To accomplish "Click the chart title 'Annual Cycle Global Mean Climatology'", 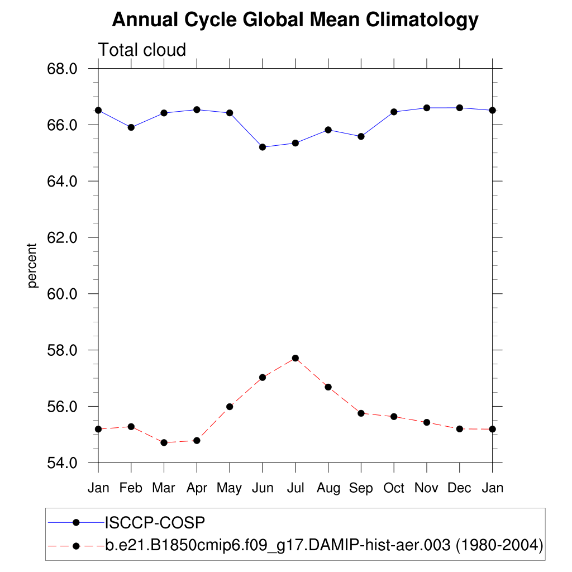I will pyautogui.click(x=295, y=20).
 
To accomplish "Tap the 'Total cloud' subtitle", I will pyautogui.click(x=142, y=50).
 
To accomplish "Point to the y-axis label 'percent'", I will pyautogui.click(x=33, y=265).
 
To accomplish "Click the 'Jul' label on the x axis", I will pyautogui.click(x=295, y=488).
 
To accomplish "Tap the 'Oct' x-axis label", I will pyautogui.click(x=394, y=488).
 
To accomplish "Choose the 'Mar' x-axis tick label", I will pyautogui.click(x=164, y=488).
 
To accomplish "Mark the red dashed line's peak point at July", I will pyautogui.click(x=295, y=358).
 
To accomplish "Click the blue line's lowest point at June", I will pyautogui.click(x=263, y=147).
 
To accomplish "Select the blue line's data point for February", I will pyautogui.click(x=131, y=127).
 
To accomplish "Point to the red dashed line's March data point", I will pyautogui.click(x=164, y=442).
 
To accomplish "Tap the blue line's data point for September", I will pyautogui.click(x=361, y=136).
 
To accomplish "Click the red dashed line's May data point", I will pyautogui.click(x=230, y=407).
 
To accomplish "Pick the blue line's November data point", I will pyautogui.click(x=427, y=108).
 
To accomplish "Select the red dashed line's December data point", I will pyautogui.click(x=460, y=429).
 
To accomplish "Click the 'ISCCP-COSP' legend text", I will pyautogui.click(x=155, y=523).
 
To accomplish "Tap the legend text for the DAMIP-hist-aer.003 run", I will pyautogui.click(x=324, y=545).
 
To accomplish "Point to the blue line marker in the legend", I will pyautogui.click(x=77, y=523).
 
